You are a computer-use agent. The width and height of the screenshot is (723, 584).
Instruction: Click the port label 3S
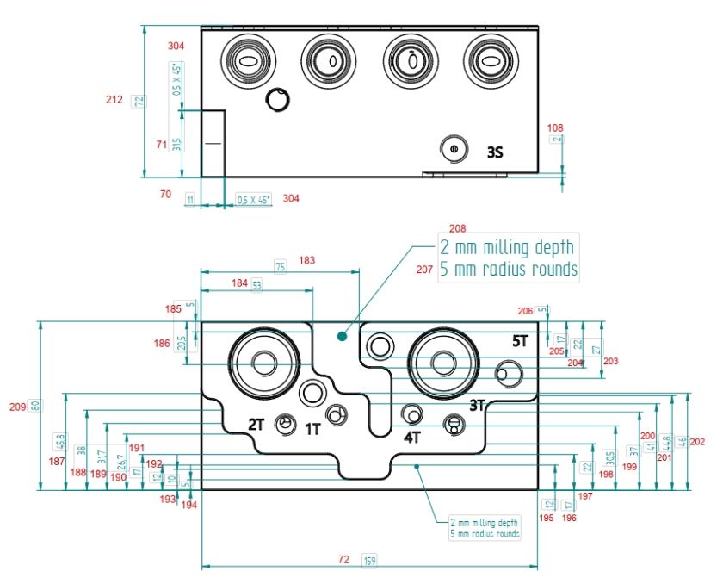click(494, 152)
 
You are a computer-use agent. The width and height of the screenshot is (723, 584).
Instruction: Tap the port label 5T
click(520, 341)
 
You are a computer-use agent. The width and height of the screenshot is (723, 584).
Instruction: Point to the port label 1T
click(312, 428)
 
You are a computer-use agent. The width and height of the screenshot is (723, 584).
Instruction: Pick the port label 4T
click(412, 437)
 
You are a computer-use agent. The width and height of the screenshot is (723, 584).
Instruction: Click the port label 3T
click(479, 404)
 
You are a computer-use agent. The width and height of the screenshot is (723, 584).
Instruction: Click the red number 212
click(114, 100)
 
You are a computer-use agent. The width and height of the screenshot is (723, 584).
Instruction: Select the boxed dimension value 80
click(35, 406)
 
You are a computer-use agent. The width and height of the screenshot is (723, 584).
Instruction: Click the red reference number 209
click(16, 406)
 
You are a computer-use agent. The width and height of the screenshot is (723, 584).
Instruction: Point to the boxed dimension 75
click(280, 267)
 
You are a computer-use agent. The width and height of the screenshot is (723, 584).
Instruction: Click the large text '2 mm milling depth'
click(506, 248)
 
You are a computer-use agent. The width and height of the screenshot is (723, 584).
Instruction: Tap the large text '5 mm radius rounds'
click(508, 269)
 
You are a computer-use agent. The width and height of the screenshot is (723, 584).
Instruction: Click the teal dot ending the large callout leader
click(342, 336)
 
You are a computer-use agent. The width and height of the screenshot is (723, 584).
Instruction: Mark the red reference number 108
click(555, 128)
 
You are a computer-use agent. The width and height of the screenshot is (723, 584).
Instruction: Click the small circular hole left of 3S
click(453, 147)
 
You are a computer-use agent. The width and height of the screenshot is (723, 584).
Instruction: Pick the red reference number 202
click(697, 442)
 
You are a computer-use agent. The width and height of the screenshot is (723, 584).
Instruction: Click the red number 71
click(161, 145)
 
